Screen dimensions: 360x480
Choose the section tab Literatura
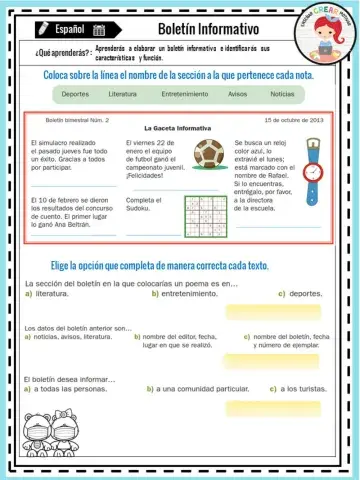[x=122, y=94]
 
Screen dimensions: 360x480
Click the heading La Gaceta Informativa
[x=178, y=128]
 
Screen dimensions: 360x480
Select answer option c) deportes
[x=300, y=294]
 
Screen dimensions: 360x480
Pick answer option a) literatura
[x=52, y=294]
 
